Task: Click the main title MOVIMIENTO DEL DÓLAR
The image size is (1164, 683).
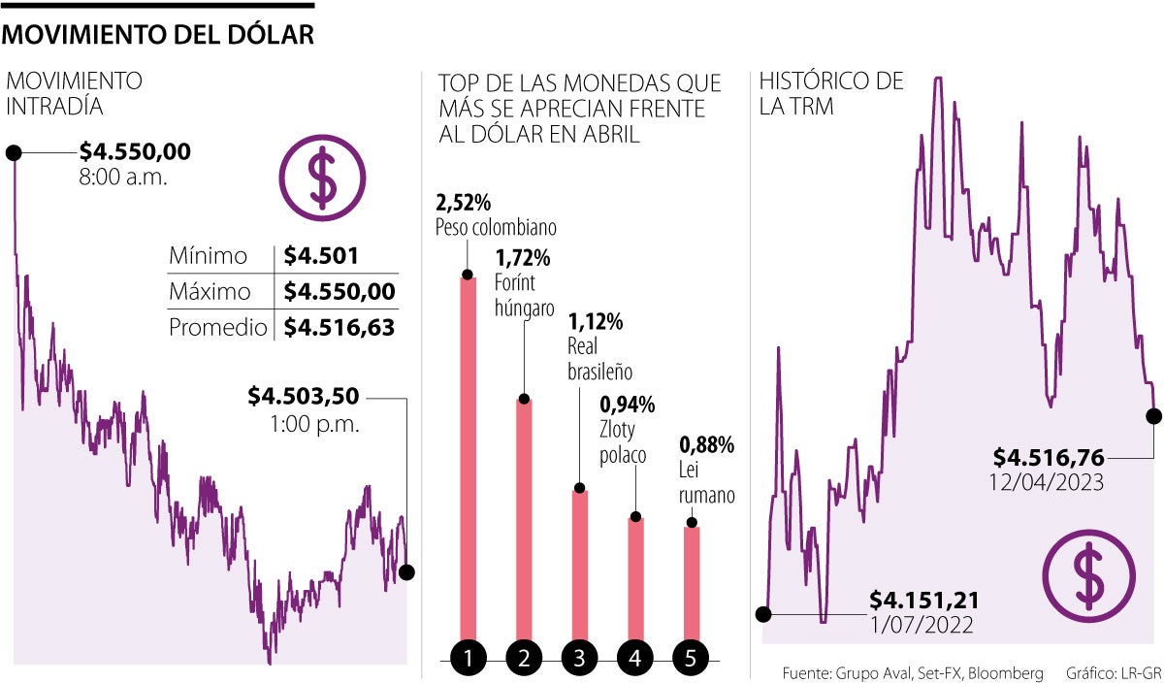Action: click(159, 36)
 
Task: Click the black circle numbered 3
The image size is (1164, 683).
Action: click(579, 659)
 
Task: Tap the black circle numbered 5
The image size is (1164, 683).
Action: click(691, 659)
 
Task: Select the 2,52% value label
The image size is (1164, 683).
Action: click(464, 203)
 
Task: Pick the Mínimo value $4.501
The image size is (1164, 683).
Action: click(322, 256)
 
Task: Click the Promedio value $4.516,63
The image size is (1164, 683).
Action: click(339, 328)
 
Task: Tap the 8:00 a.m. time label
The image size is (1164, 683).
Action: click(122, 178)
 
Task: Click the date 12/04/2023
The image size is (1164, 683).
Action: click(1048, 482)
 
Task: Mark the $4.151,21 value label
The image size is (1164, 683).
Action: click(923, 602)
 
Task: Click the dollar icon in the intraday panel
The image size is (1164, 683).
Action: click(321, 178)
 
